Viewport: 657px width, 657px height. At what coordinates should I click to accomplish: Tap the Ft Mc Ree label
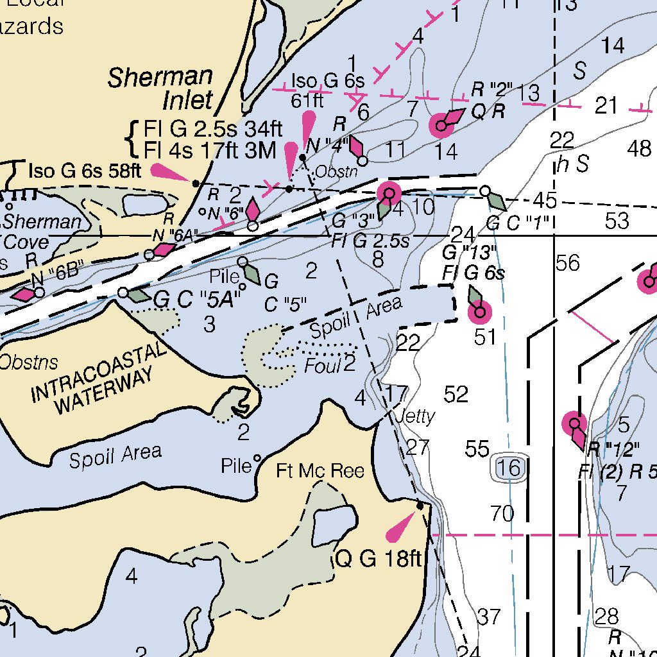[320, 472]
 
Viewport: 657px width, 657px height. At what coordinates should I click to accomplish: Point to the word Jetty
[415, 416]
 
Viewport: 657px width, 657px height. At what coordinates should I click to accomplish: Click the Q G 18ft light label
[379, 559]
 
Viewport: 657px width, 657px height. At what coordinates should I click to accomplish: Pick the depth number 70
[502, 513]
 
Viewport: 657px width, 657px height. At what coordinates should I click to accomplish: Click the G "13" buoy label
[470, 250]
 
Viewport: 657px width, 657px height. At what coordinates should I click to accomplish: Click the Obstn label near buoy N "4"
[336, 172]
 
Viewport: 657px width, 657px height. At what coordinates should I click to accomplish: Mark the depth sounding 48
[639, 149]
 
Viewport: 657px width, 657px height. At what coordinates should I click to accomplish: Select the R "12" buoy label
[613, 448]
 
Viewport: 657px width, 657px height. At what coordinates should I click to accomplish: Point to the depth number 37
[489, 617]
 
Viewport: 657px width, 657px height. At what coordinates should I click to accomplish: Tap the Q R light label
[489, 111]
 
